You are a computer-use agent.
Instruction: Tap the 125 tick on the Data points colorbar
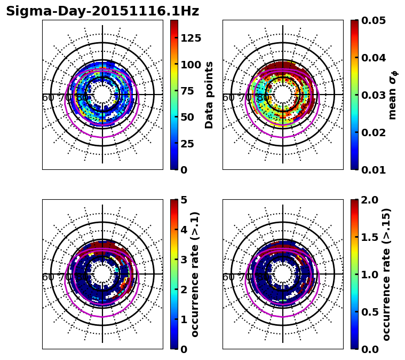[191, 38]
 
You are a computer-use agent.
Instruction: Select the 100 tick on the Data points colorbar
[191, 65]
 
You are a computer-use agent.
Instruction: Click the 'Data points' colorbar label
[209, 95]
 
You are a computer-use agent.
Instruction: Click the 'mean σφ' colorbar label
[393, 95]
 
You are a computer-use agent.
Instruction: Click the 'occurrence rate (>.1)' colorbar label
[195, 274]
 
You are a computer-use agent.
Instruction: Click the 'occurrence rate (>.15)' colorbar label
[387, 274]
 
